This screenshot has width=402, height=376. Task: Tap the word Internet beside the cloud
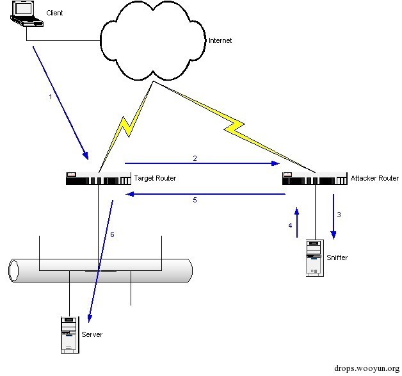[220, 40]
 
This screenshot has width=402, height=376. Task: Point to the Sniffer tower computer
[314, 257]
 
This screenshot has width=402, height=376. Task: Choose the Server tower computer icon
[68, 334]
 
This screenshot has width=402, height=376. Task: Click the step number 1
[51, 97]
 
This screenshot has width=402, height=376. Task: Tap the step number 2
[195, 156]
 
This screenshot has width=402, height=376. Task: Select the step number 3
[339, 215]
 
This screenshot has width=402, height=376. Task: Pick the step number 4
[290, 225]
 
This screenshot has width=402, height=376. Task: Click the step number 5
[195, 200]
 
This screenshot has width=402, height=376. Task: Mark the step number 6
[112, 235]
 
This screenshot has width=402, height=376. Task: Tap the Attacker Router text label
[374, 178]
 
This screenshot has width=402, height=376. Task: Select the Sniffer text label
[337, 257]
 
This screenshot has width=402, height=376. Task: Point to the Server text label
[92, 334]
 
